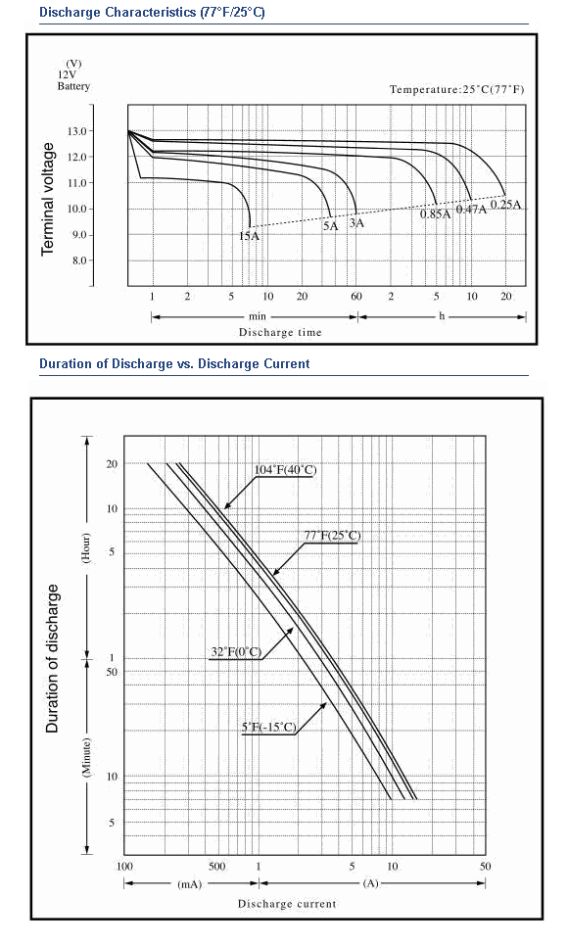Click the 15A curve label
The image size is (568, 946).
(249, 236)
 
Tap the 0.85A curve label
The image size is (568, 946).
(435, 213)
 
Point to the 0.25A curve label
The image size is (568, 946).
(506, 204)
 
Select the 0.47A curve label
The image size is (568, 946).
(471, 210)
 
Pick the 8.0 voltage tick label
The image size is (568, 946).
(79, 260)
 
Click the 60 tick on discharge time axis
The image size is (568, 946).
(356, 296)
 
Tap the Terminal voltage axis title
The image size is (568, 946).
(48, 199)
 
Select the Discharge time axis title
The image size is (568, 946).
(280, 332)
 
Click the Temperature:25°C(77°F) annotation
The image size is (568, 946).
(457, 89)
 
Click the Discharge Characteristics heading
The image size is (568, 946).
(152, 12)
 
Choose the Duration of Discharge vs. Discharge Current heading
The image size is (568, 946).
(174, 363)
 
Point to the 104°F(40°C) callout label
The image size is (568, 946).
(286, 470)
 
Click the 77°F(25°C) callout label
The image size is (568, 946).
(332, 536)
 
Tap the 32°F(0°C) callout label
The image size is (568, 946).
(236, 652)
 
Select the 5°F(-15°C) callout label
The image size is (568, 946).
(269, 727)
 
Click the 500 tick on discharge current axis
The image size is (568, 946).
(216, 867)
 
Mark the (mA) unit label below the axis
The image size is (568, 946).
(190, 884)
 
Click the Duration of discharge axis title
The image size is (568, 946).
(53, 658)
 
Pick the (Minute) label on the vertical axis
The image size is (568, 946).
(86, 758)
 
